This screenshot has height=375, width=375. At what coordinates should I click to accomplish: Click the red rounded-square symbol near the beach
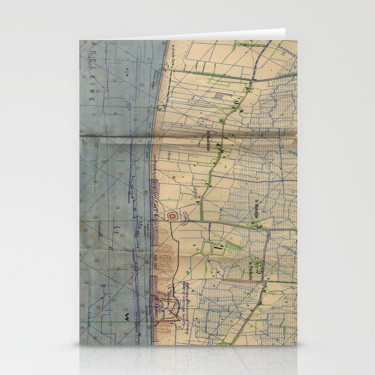tap(173, 216)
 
